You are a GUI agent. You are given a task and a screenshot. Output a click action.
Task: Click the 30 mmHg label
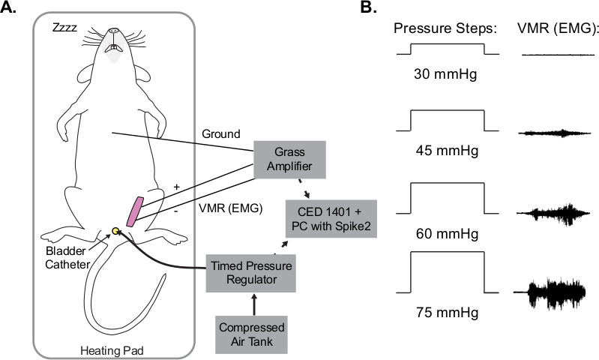[x=447, y=76]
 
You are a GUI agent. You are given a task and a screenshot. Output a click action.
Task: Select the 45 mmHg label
[x=447, y=148]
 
